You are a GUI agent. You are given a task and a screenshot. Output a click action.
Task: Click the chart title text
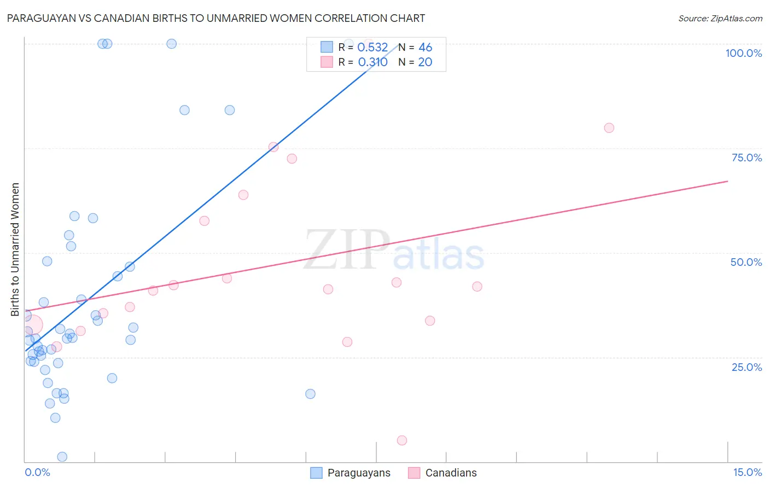216,18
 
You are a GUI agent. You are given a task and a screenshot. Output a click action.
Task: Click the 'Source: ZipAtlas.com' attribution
720,18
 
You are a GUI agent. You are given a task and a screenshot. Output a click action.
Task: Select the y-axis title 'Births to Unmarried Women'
15,249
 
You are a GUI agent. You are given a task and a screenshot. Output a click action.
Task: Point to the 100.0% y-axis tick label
743,53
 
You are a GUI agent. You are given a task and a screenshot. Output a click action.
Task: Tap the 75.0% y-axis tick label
747,158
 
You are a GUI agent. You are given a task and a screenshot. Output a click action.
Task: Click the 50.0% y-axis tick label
746,262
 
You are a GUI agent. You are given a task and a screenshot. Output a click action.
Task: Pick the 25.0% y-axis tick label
747,367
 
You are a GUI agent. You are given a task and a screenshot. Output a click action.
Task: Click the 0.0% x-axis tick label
37,472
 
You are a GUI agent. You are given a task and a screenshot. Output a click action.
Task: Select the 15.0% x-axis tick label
747,472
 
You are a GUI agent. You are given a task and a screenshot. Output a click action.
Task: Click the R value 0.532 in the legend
372,48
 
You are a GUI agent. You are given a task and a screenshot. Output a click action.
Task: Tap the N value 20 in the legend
425,62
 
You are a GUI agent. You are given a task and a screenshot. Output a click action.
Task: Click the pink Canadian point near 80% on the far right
609,128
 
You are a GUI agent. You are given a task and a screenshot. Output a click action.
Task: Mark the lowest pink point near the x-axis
402,440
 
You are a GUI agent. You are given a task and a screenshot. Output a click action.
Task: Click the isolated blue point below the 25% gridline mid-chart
310,394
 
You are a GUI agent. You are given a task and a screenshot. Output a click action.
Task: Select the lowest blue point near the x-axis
62,457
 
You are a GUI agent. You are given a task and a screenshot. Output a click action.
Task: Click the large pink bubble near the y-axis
32,326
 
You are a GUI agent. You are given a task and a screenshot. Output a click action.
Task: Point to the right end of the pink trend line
727,181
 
